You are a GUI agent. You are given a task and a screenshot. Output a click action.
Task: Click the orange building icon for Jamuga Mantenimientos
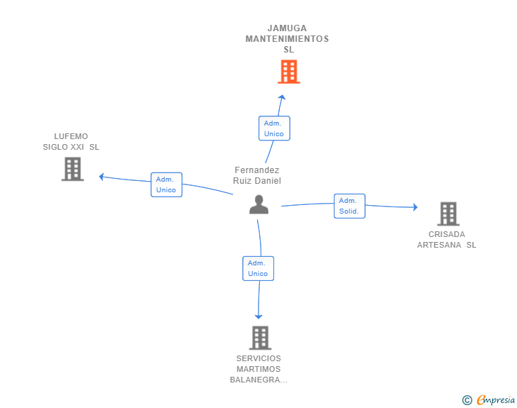289,72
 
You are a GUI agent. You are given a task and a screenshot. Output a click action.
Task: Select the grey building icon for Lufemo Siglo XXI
72,169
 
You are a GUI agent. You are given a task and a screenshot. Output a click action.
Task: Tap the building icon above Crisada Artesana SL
448,214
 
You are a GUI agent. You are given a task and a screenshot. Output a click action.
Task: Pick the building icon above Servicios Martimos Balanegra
260,338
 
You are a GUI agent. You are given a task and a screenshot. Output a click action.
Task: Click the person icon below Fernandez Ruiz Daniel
258,204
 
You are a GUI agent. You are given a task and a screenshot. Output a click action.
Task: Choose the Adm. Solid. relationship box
349,206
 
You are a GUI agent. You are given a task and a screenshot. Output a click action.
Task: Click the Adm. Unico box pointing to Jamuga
274,128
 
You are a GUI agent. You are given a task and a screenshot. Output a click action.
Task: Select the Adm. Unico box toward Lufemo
166,184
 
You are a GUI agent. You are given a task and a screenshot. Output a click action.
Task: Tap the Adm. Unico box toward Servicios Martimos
258,268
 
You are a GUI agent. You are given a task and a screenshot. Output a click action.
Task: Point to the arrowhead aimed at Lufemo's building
102,177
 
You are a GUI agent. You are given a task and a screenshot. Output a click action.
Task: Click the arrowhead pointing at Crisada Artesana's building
415,207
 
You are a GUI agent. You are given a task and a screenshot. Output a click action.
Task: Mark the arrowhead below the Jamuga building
281,97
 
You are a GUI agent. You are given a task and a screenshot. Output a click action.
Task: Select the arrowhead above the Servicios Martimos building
258,316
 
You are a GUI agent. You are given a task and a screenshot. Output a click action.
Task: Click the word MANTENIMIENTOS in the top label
287,39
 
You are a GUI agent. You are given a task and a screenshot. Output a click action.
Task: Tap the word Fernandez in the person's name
257,170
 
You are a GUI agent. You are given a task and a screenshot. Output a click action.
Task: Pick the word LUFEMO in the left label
71,136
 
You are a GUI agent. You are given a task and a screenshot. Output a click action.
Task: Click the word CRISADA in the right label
447,234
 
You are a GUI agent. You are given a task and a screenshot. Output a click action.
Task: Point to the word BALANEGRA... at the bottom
258,380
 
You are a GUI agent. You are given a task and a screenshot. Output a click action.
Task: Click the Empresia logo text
496,399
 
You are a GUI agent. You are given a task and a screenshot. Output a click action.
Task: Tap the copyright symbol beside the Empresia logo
467,400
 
